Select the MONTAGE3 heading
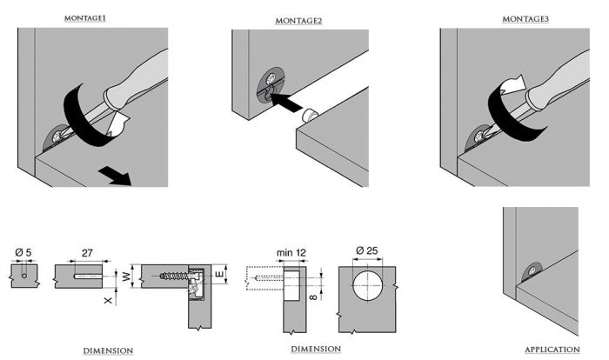point(525,18)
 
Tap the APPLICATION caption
point(552,350)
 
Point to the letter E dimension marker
point(222,277)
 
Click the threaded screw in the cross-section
point(175,278)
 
